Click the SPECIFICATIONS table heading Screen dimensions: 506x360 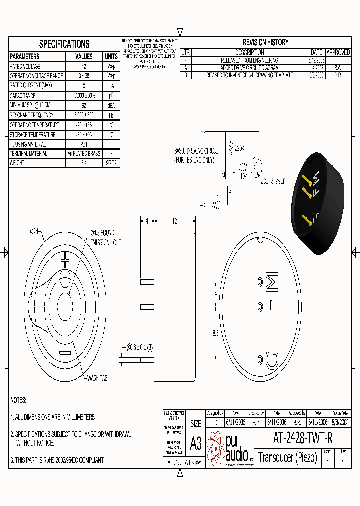pos(64,44)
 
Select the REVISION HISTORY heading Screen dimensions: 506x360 pos(265,42)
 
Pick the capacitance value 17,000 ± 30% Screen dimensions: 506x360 pos(84,96)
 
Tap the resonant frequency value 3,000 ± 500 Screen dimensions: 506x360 pos(84,115)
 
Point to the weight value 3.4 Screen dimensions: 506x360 pos(84,163)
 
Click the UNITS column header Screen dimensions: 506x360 pos(111,57)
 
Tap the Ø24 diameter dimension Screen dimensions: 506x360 pos(34,231)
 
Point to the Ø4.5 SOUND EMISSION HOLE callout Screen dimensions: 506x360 pos(105,237)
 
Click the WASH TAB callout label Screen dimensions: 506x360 pos(97,378)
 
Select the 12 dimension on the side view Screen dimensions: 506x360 pos(174,220)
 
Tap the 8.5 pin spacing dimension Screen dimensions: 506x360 pos(215,333)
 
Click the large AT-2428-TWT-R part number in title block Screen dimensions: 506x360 pos(303,438)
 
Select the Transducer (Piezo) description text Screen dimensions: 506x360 pos(288,457)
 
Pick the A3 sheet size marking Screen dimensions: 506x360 pos(196,444)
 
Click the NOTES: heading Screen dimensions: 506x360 pos(18,400)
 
